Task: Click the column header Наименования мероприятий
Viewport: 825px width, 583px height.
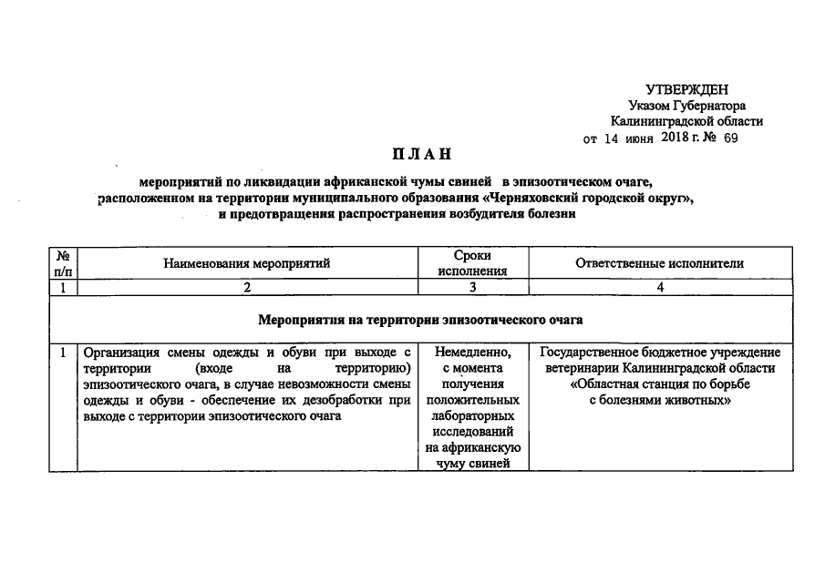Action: (246, 263)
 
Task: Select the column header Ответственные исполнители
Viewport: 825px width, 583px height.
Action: (659, 263)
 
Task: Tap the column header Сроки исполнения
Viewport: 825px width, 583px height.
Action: (472, 263)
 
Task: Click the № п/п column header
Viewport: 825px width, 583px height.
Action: (63, 263)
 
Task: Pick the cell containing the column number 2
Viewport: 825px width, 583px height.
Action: (246, 288)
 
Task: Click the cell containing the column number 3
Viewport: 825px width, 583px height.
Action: (472, 288)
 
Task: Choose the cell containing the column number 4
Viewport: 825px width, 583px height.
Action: (659, 288)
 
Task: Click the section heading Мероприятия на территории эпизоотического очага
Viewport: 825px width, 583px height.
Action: (420, 321)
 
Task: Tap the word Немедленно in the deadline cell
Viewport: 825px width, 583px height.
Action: (472, 352)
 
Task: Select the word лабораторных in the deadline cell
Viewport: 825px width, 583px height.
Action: (472, 415)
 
